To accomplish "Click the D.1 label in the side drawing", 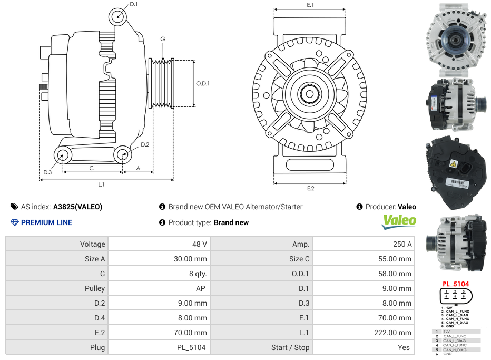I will pyautogui.click(x=133, y=4).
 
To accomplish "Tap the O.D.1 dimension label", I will pyautogui.click(x=203, y=83).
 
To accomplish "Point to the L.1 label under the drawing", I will pyautogui.click(x=101, y=184).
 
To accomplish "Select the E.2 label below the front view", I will pyautogui.click(x=310, y=188).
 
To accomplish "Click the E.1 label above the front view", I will pyautogui.click(x=310, y=5).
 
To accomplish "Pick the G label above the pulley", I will pyautogui.click(x=163, y=39).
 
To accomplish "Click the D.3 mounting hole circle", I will pyautogui.click(x=63, y=155).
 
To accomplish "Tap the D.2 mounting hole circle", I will pyautogui.click(x=123, y=155).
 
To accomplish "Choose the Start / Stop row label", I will pyautogui.click(x=290, y=347).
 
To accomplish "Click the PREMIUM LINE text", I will pyautogui.click(x=46, y=222).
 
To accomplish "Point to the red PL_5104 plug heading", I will pyautogui.click(x=455, y=284).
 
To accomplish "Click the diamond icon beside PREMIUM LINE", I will pyautogui.click(x=15, y=222).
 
